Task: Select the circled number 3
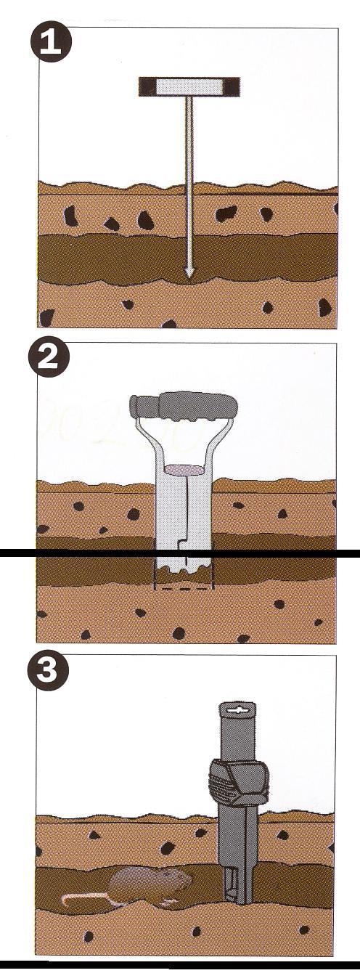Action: coord(48,672)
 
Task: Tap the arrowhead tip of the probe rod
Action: coord(189,274)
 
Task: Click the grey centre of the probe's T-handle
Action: coord(189,86)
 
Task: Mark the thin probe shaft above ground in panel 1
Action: coord(189,138)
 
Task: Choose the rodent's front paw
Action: coord(168,903)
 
